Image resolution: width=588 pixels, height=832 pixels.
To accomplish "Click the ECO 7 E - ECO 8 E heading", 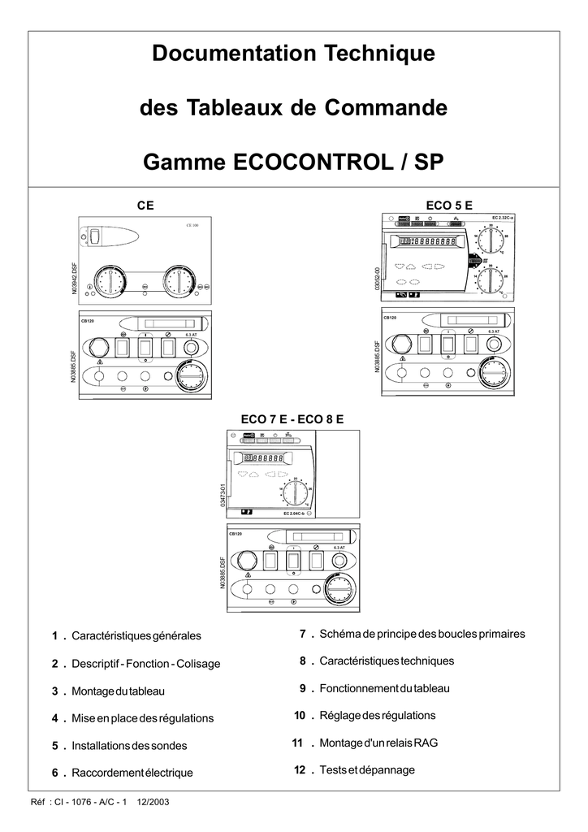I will point(293,418).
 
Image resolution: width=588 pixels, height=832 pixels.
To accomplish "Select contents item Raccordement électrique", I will point(132,773).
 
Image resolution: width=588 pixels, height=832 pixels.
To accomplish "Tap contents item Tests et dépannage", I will point(367,769).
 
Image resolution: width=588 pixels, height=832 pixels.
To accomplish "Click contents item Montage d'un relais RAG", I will point(369,743).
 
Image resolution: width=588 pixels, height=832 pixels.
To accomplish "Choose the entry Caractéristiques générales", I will point(136,635).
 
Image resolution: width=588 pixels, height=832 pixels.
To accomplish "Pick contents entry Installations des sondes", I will point(129,745).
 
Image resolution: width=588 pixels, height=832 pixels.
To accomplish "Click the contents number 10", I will point(299,715).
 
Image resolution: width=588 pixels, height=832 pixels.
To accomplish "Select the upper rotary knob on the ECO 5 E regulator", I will point(491,240).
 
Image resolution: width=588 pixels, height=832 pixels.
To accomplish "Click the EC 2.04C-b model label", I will point(296,513).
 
